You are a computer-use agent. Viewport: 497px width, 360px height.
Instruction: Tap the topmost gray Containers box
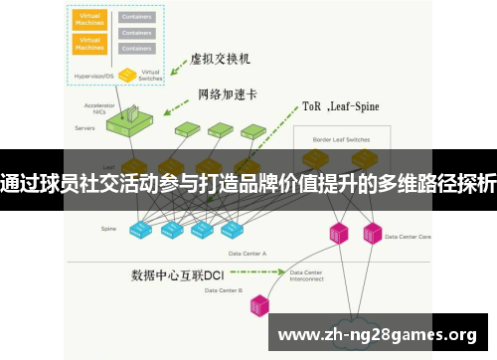point(136,17)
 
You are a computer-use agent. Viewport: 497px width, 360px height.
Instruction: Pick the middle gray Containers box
point(136,33)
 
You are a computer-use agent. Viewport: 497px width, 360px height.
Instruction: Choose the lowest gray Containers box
point(136,48)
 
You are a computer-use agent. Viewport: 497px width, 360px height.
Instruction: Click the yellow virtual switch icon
point(128,74)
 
